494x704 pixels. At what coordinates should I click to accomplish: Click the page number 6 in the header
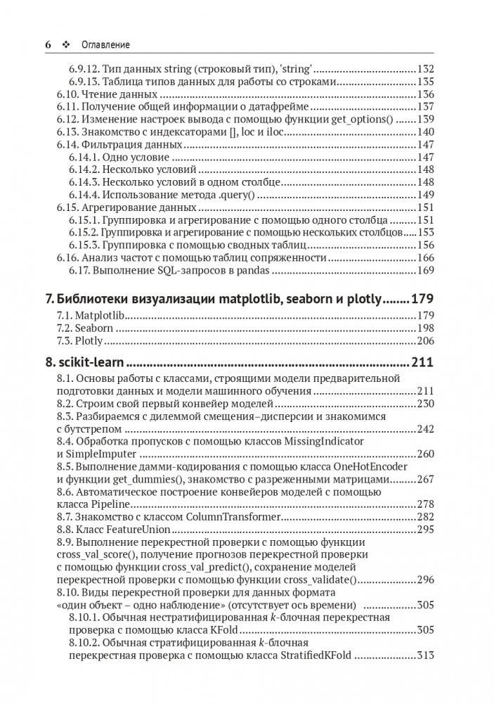coord(48,45)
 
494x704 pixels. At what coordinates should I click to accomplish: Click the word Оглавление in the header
coord(103,45)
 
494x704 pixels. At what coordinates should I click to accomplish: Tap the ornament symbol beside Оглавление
coord(66,45)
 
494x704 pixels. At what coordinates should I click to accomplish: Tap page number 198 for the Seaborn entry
coord(425,328)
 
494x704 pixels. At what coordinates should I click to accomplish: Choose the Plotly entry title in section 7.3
coord(89,341)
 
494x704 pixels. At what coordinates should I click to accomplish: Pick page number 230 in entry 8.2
coord(425,404)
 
